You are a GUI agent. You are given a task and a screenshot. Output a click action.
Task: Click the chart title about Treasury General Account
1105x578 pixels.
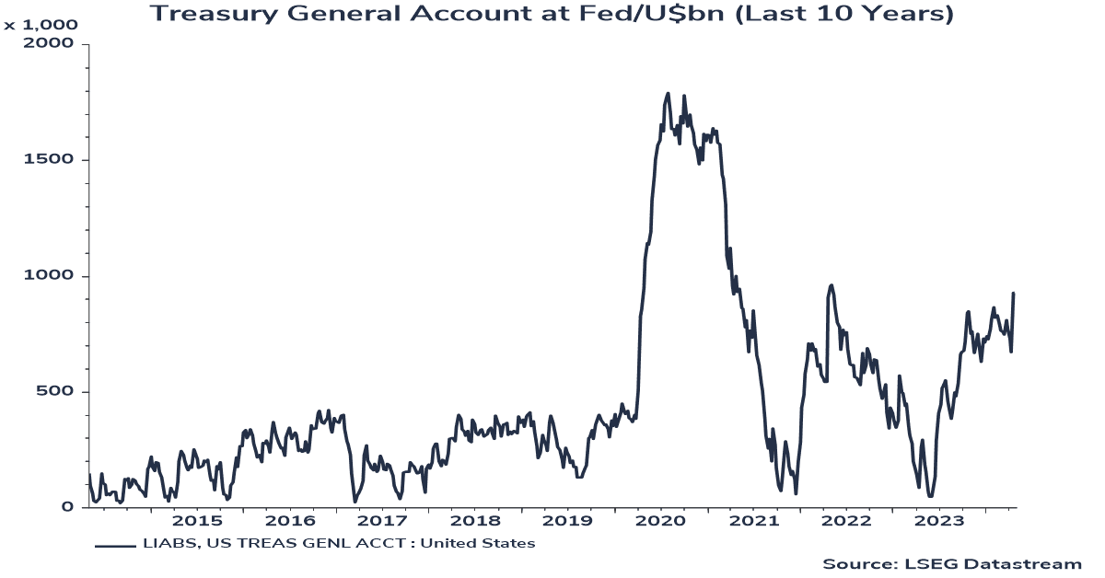coord(552,14)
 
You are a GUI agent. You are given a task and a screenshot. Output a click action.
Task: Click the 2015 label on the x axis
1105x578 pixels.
coord(196,522)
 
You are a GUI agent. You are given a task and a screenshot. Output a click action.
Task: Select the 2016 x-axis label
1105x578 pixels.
coord(290,522)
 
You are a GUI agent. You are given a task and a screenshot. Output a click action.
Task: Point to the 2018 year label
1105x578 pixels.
coord(475,522)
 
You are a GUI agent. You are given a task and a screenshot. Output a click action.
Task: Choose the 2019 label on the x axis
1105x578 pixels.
coord(568,522)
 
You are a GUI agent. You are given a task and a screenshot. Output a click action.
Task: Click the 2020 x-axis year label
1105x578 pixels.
coord(661,522)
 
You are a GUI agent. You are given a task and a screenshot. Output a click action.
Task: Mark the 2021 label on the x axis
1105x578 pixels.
coord(754,522)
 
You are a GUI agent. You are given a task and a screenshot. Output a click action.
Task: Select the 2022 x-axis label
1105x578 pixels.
coord(847,522)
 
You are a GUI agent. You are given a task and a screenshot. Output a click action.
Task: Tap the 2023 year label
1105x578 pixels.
coord(940,522)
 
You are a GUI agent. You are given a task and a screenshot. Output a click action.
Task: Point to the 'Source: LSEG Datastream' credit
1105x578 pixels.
coord(951,563)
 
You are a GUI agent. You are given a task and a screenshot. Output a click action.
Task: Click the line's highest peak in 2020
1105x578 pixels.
coord(668,94)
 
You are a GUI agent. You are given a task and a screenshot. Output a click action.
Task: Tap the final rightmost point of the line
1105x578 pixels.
coord(1014,294)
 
